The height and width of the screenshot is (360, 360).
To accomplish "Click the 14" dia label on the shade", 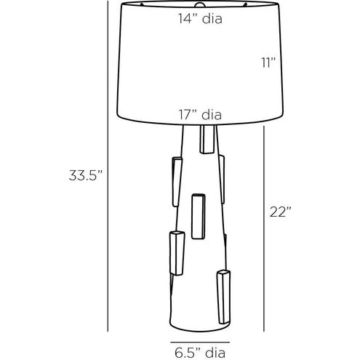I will click(200, 20).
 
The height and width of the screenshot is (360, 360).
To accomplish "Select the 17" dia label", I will click(200, 114).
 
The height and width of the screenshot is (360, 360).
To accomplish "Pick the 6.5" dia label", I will click(197, 355).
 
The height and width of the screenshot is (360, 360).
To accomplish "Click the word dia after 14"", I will click(212, 20).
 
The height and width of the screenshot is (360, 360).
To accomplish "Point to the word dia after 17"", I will click(212, 114).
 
